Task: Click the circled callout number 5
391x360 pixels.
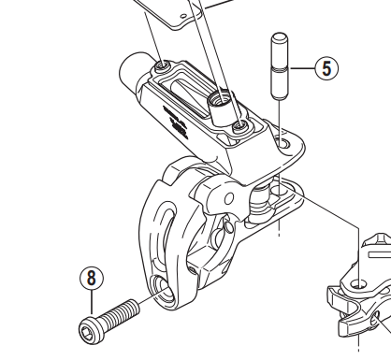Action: point(324,68)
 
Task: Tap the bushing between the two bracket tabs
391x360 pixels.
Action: point(278,191)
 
